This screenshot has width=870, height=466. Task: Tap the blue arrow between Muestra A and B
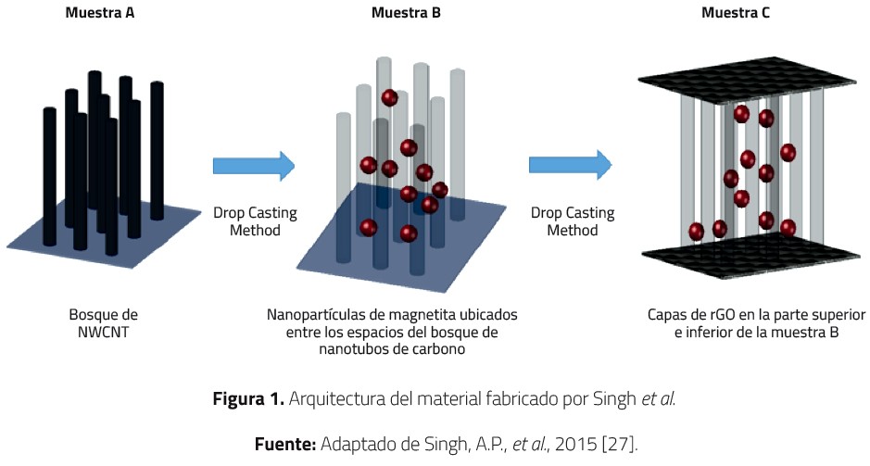coord(253,166)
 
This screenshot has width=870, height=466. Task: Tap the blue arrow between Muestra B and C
coord(570,166)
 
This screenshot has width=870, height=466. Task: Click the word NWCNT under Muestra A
coord(103,331)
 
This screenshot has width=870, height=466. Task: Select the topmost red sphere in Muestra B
coord(390,96)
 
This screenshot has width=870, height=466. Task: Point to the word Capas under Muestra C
coord(667,314)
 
